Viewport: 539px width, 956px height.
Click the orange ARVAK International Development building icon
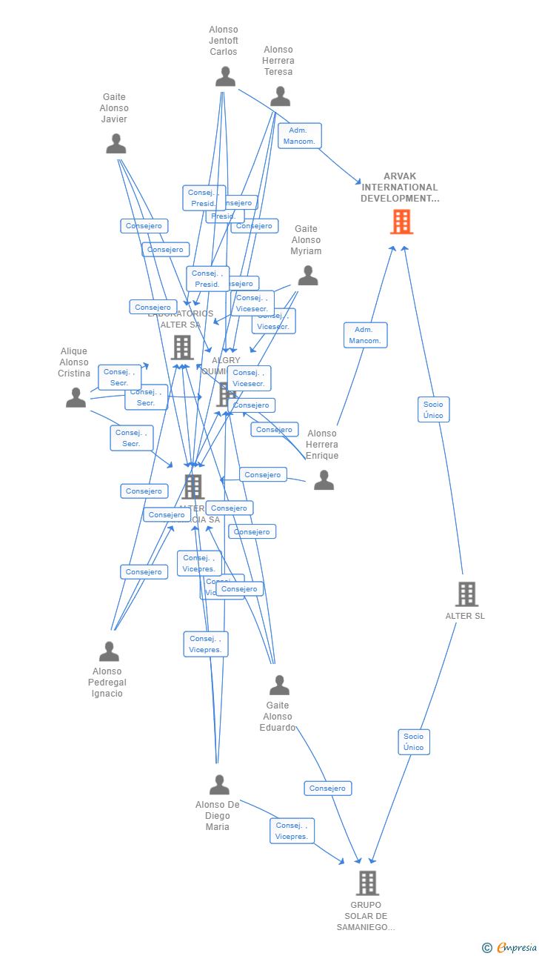(x=401, y=222)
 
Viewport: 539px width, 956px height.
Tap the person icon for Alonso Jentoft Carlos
(x=225, y=76)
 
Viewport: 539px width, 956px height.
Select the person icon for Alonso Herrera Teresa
(x=280, y=96)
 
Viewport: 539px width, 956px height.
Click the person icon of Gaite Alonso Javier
(x=115, y=144)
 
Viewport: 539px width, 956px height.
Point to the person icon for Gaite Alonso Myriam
(x=308, y=276)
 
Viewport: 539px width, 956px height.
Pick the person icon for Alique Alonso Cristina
(x=76, y=398)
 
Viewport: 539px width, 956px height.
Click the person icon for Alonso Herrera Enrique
(x=324, y=480)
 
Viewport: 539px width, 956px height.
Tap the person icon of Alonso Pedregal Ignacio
(x=109, y=651)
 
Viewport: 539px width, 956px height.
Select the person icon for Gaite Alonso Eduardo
(x=279, y=686)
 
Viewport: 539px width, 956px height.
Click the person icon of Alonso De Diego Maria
(x=219, y=785)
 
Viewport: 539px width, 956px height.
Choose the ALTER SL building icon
(x=466, y=594)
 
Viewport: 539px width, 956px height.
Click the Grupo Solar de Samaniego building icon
(x=367, y=883)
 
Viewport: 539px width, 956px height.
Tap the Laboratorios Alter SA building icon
(x=182, y=347)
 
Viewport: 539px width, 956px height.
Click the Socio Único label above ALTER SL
(x=433, y=410)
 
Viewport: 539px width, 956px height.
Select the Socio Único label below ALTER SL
(x=414, y=742)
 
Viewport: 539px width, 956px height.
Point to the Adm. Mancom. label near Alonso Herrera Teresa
(x=300, y=136)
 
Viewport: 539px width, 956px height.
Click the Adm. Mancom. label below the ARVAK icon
(x=365, y=335)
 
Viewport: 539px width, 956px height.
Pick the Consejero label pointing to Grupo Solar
(x=327, y=789)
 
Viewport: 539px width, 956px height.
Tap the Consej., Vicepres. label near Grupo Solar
(x=292, y=831)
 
